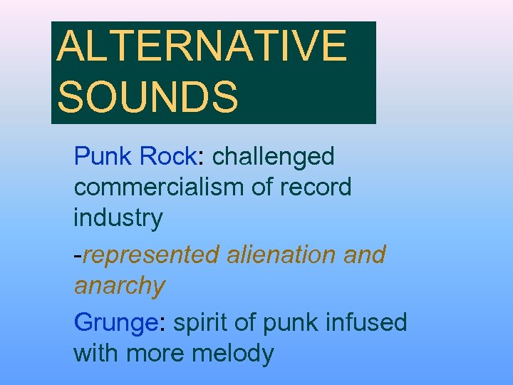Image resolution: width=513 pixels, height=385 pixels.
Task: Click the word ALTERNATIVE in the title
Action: click(x=202, y=46)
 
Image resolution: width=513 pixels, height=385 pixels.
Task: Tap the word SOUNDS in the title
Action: click(x=148, y=97)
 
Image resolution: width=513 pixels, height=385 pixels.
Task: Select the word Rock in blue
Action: click(x=168, y=155)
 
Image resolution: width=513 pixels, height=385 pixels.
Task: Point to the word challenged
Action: click(x=274, y=157)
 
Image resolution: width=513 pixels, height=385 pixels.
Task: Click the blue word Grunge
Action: click(x=115, y=323)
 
